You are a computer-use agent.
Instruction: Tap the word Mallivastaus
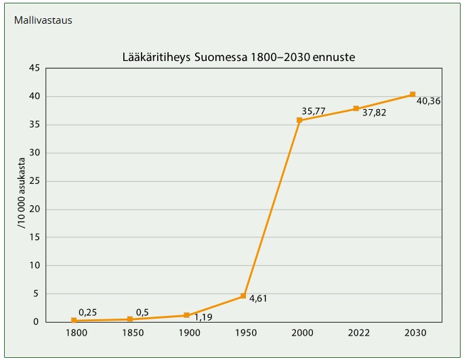point(43,20)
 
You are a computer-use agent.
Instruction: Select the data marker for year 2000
point(299,120)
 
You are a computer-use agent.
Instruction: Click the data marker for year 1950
point(243,296)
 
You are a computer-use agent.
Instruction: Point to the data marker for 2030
point(413,94)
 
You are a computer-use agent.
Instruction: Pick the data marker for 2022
point(356,108)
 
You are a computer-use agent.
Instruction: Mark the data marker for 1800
point(74,320)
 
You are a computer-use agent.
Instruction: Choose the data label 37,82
point(374,113)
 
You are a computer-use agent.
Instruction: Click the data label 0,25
point(88,312)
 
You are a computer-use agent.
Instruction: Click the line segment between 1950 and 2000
point(271,208)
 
